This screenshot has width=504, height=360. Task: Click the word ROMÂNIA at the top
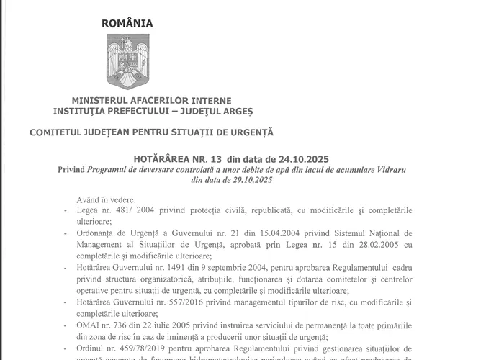click(x=127, y=22)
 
